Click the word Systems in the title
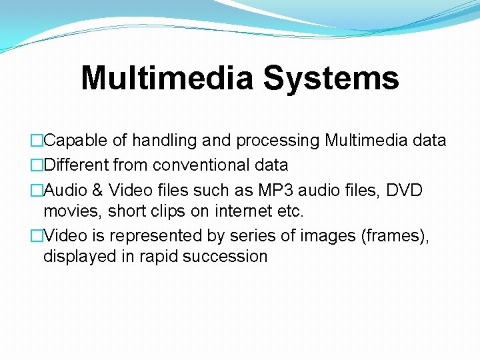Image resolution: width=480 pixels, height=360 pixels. [331, 79]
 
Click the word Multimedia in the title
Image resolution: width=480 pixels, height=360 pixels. [167, 79]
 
